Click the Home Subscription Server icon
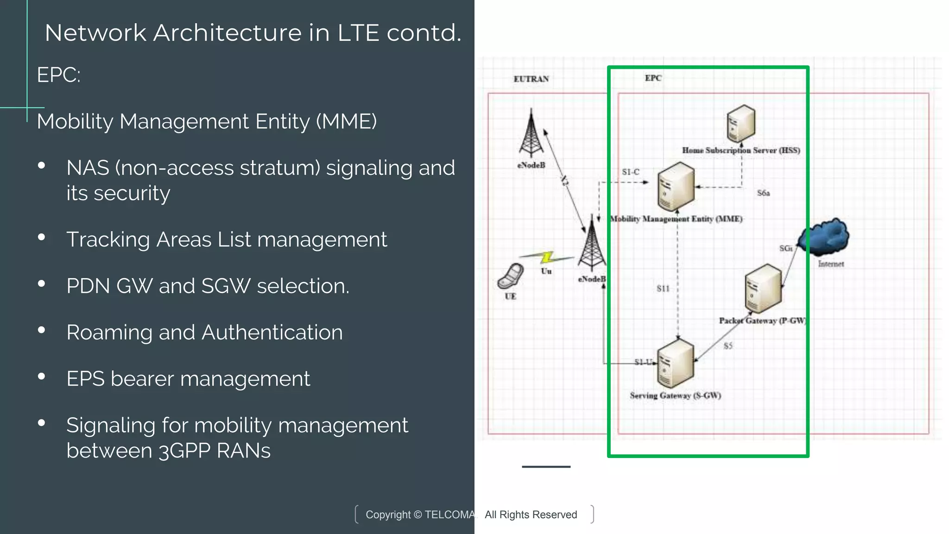click(740, 123)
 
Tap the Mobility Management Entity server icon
click(676, 187)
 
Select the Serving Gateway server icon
click(676, 364)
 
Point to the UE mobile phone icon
click(510, 276)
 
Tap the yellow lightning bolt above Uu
click(547, 257)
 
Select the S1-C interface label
click(630, 172)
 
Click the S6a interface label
click(763, 193)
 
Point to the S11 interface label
click(663, 288)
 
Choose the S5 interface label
click(728, 346)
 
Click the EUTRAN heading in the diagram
click(531, 79)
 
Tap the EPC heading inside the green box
click(653, 78)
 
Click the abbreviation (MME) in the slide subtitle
click(346, 121)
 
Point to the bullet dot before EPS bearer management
click(42, 376)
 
